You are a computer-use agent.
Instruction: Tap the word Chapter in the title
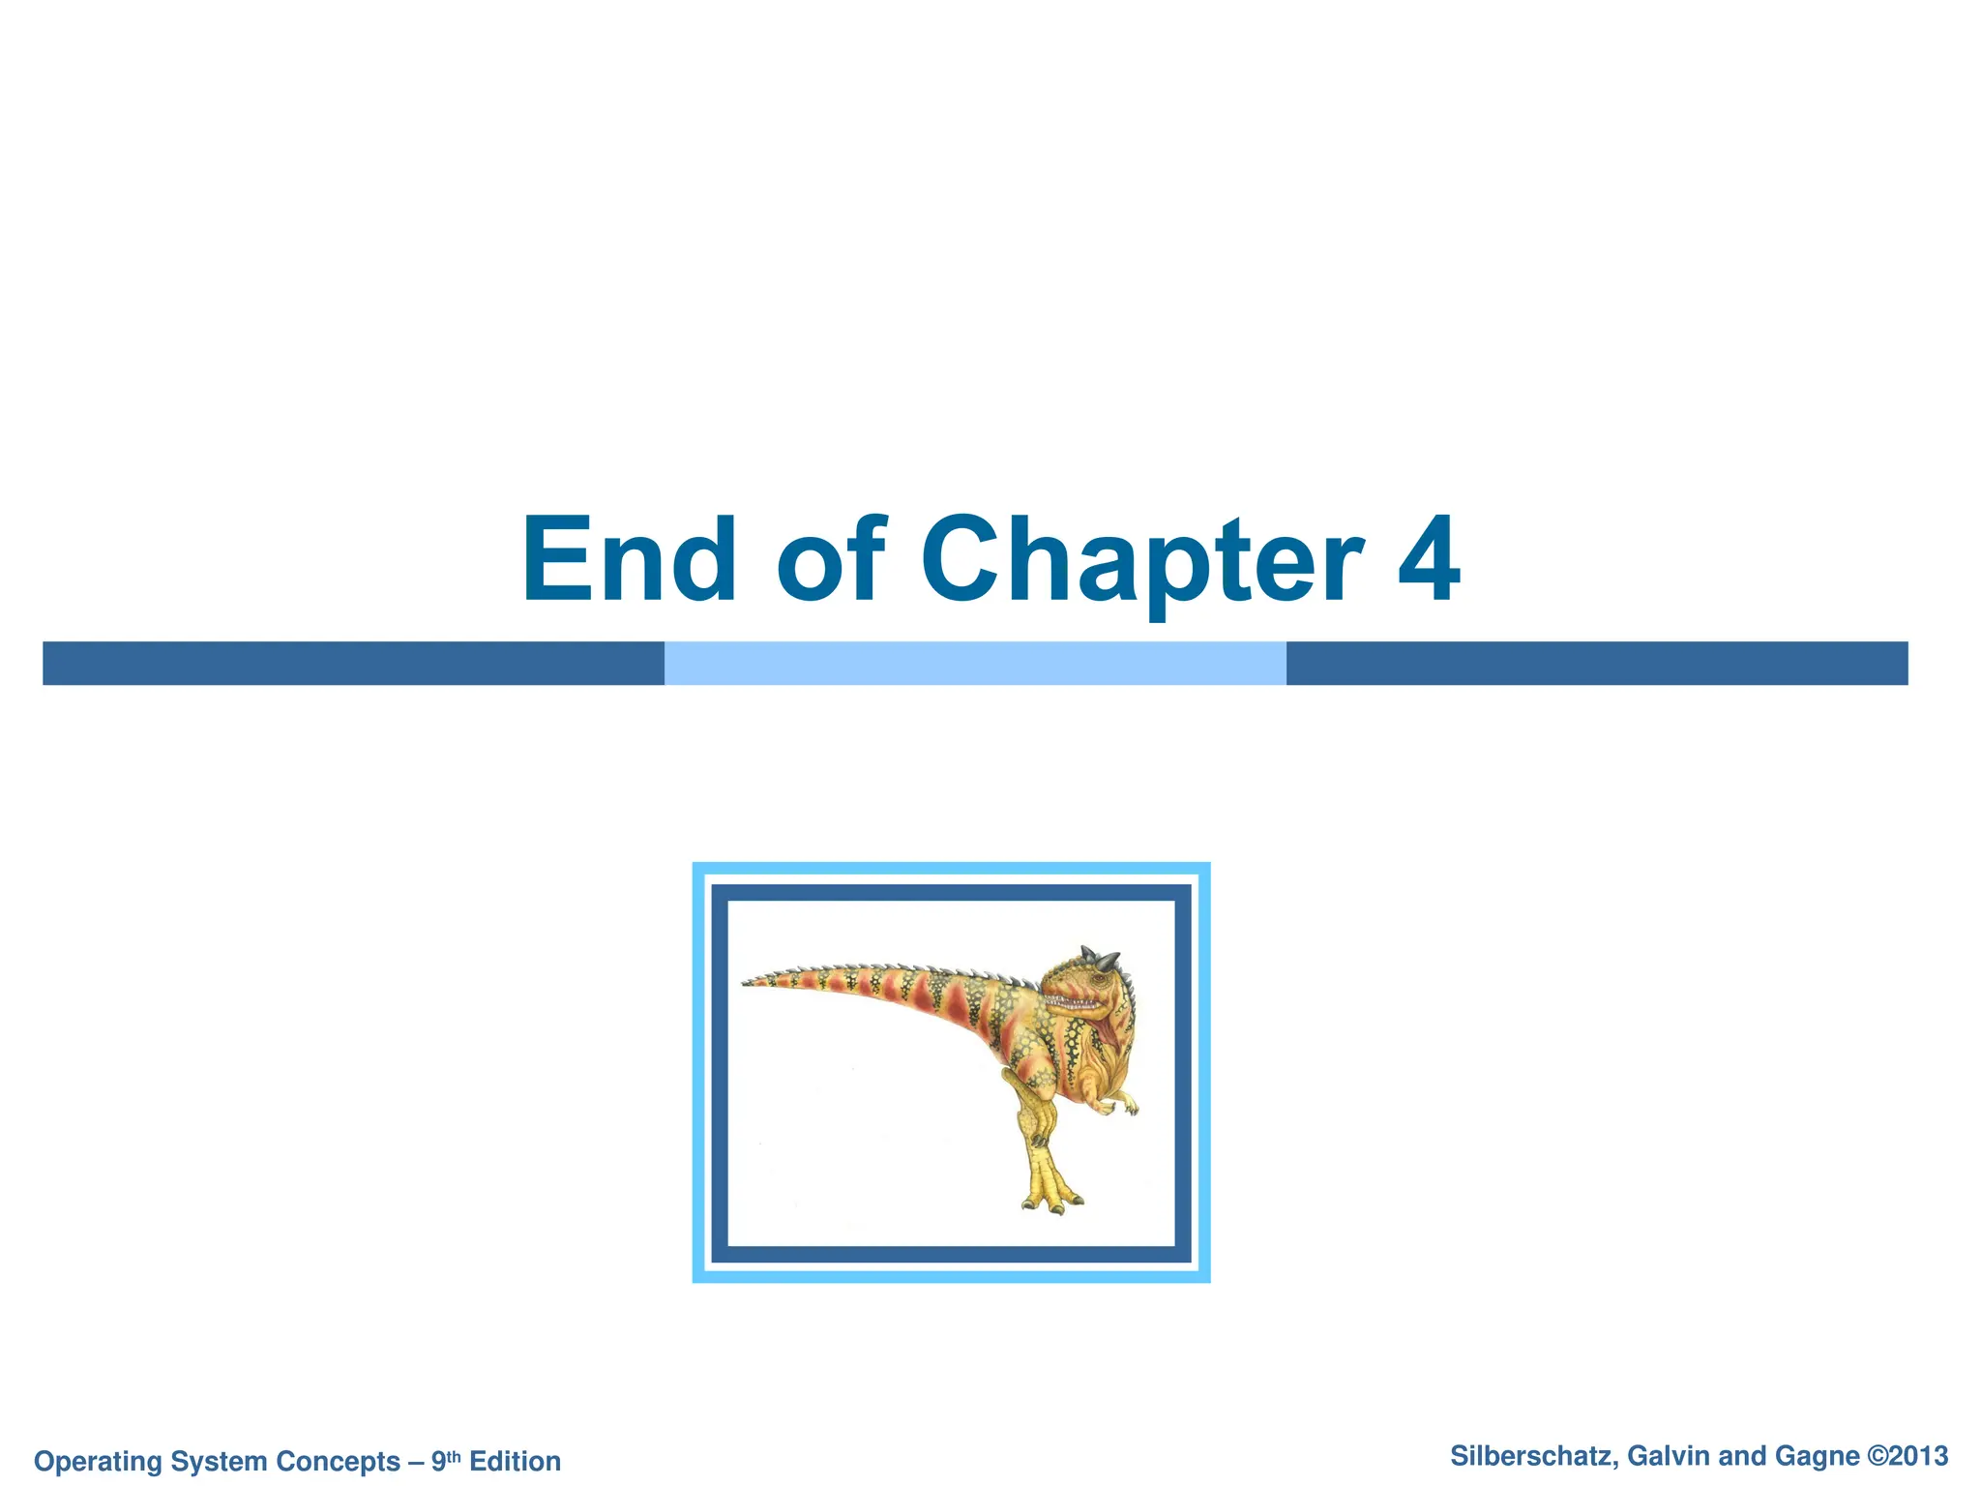[x=1141, y=561]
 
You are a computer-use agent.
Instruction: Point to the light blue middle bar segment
[x=975, y=664]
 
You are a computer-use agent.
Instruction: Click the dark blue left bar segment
[x=353, y=664]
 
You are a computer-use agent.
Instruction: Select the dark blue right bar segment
[x=1596, y=664]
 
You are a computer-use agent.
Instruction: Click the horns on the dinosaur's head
[x=1103, y=959]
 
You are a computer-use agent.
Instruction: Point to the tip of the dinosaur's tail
[x=747, y=984]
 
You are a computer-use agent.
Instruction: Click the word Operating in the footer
[x=98, y=1461]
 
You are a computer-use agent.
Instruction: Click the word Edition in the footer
[x=515, y=1461]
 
